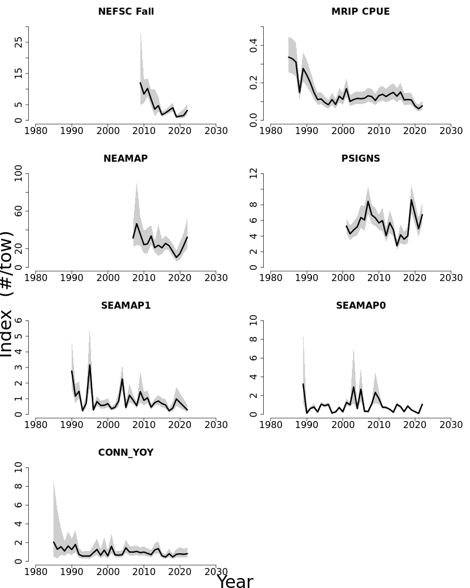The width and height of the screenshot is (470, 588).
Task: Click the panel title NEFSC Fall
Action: coord(126,12)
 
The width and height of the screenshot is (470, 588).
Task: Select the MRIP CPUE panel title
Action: coord(360,12)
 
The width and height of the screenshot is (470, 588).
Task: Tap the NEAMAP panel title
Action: coord(126,159)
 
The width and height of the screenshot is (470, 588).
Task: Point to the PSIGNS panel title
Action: coord(360,159)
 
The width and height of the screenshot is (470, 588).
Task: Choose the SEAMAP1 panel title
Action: coord(126,306)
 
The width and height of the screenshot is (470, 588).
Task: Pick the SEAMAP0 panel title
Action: coord(360,306)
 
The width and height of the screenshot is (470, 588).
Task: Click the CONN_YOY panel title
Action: coord(126,453)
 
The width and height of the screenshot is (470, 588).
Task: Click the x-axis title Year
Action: coord(235,582)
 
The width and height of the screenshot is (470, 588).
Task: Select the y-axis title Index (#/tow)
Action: coord(7,294)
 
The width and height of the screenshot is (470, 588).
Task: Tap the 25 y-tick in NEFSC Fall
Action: coord(19,42)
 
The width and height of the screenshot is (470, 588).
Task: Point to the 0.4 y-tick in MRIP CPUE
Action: coord(254,45)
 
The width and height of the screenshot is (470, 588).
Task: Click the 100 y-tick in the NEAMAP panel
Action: coord(19,173)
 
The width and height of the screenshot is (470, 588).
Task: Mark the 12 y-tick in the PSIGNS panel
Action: coord(254,173)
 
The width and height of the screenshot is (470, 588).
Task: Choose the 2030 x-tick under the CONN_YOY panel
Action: coord(216,570)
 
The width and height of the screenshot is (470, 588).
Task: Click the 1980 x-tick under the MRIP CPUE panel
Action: coord(270,129)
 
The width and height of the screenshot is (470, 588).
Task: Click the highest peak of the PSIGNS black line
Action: coord(411,200)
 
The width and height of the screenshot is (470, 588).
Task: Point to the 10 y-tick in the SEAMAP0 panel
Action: coord(254,320)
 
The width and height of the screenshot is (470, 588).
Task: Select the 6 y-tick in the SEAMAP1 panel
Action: coord(19,320)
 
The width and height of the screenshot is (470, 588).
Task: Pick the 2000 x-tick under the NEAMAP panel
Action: coord(108,276)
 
